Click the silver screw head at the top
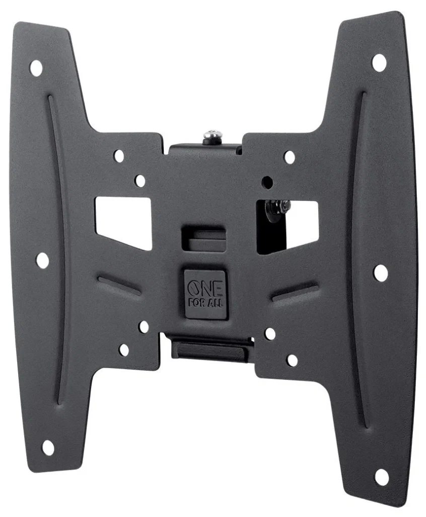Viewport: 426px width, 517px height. click(212, 135)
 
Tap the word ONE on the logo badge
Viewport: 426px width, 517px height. click(205, 289)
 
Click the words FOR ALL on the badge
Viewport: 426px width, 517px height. click(205, 303)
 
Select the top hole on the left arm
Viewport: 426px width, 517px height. click(36, 68)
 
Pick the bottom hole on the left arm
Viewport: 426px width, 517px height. click(48, 448)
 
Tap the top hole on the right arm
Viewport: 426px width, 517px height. click(379, 62)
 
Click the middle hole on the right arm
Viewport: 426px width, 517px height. click(381, 273)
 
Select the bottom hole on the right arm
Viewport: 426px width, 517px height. click(382, 477)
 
